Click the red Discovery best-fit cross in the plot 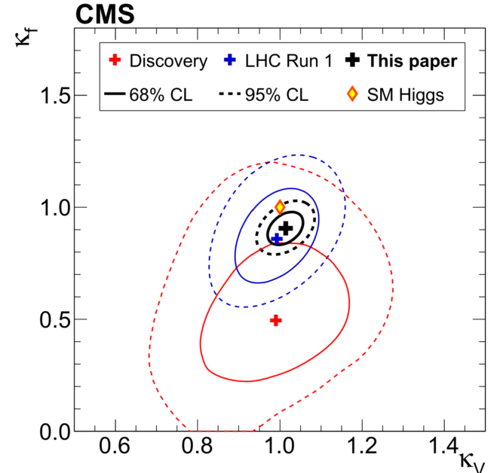coord(276,320)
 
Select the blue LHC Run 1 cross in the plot coord(277,238)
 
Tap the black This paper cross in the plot coord(286,228)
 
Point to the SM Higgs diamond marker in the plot coord(280,206)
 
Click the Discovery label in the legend coord(168,62)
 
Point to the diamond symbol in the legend coord(352,94)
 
